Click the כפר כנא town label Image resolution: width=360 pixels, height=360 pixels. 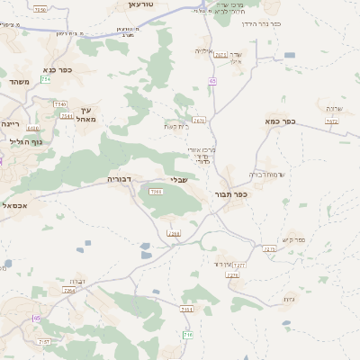(57, 69)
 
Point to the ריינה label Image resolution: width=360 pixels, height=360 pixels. (11, 123)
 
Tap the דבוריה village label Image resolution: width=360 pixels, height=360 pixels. (120, 179)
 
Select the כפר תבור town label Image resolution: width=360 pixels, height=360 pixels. (231, 194)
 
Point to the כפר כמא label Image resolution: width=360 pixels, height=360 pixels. (280, 120)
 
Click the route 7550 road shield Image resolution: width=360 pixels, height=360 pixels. (40, 9)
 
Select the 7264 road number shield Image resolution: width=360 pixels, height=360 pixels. (69, 290)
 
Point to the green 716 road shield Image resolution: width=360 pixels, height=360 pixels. (188, 336)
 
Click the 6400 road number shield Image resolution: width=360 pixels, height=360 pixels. (33, 129)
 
